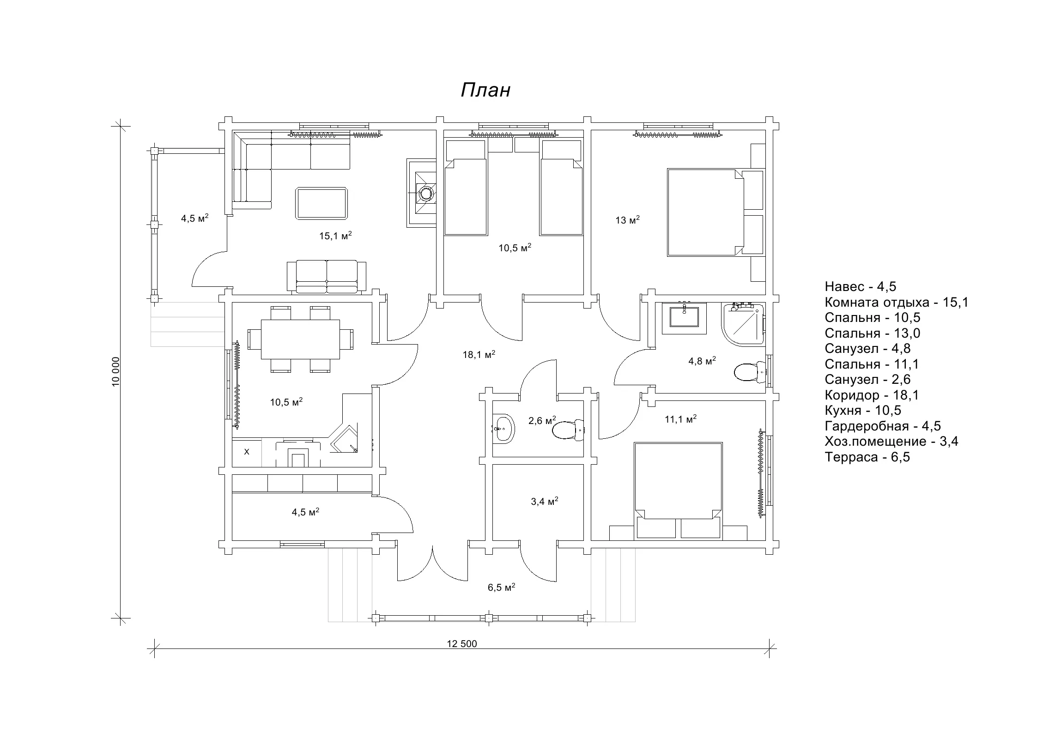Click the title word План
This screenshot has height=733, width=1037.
pos(485,90)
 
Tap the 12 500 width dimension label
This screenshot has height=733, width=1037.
pos(462,644)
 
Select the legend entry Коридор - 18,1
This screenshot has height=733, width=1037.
pos(872,395)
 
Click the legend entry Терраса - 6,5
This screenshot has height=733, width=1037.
pos(867,457)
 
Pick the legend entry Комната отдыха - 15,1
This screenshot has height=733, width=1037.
pos(897,303)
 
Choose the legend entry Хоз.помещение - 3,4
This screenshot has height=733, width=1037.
pos(891,442)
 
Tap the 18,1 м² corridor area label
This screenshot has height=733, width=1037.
pos(479,354)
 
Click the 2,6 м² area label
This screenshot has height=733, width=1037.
pos(542,420)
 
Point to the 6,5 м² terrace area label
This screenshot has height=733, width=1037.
pos(501,587)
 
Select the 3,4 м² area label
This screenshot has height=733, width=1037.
pos(545,501)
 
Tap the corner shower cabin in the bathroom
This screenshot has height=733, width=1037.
pos(742,324)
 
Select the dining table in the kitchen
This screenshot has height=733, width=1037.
pos(300,339)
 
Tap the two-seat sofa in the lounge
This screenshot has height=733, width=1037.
pos(327,276)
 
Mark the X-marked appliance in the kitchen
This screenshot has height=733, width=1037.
pos(247,452)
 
